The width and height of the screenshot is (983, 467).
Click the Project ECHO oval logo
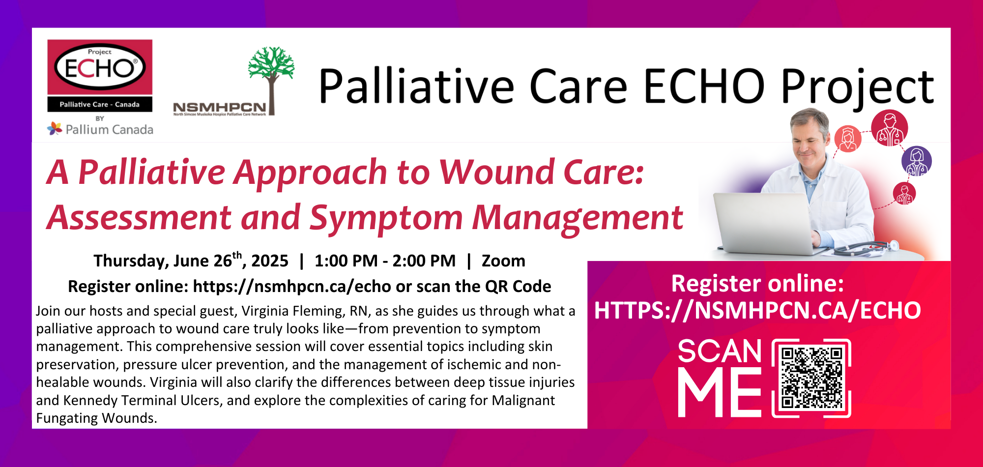coord(100,67)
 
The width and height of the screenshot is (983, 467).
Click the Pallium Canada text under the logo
coord(109,129)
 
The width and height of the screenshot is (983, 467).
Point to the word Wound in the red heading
coord(496,173)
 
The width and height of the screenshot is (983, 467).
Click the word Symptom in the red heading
coord(386,218)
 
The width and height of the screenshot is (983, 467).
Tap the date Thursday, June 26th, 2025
coord(191,260)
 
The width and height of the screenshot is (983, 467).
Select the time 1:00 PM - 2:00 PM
coord(385,261)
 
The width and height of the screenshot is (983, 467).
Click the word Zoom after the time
coord(503,261)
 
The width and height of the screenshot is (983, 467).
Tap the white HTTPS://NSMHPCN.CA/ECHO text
coord(757,310)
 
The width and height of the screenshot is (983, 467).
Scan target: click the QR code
coord(811,378)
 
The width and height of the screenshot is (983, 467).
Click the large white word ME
coord(720,393)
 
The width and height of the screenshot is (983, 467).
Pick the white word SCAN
coord(720,351)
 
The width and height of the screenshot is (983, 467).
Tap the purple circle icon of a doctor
coord(917,161)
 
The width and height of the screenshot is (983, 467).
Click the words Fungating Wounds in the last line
coord(96,418)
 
